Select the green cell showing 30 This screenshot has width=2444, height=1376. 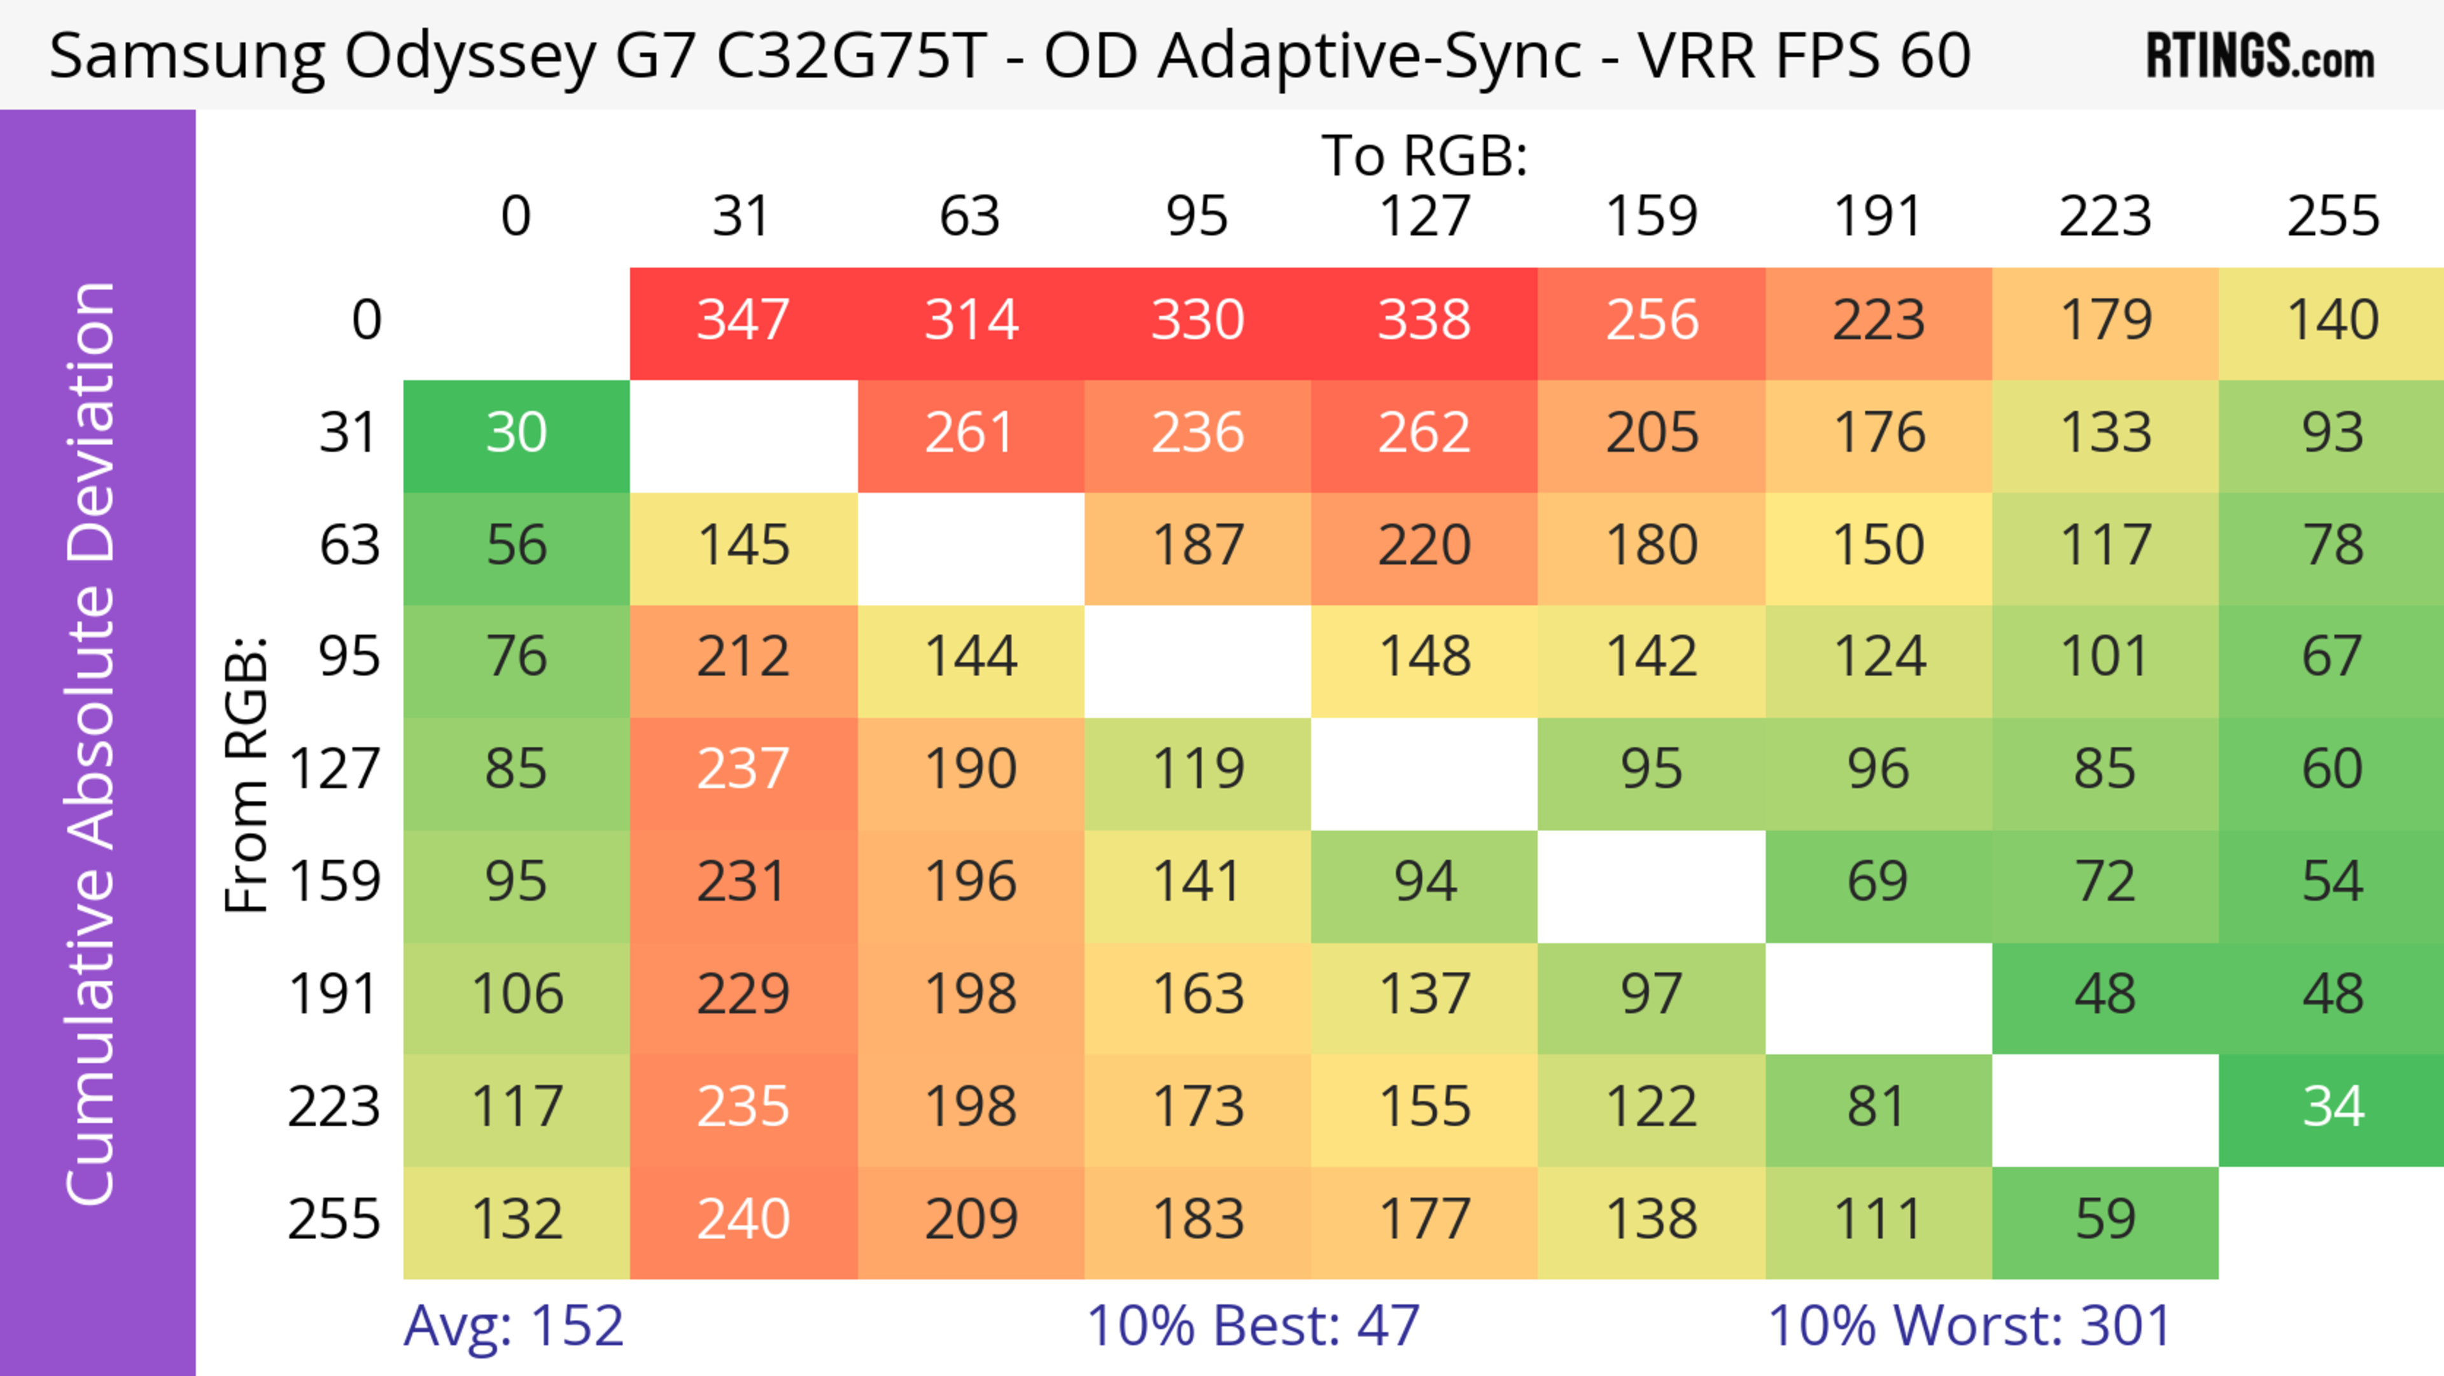coord(516,434)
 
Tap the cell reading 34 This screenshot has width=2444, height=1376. coord(2332,1107)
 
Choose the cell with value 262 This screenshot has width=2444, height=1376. coord(1424,434)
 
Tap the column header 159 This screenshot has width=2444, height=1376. coord(1651,216)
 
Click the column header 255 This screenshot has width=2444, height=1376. coord(2332,216)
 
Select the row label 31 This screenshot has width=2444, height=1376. coord(349,434)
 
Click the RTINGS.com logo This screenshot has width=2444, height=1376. coord(2260,57)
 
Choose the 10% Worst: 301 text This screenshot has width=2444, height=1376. coord(1970,1326)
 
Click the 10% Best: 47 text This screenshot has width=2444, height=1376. coord(1253,1326)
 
